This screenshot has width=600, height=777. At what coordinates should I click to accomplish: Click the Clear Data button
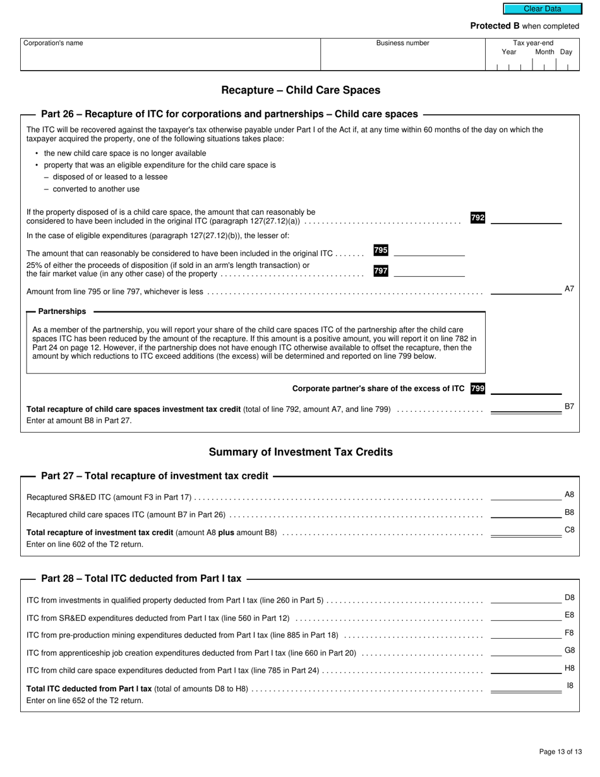542,9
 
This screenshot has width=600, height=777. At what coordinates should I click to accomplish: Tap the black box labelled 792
477,218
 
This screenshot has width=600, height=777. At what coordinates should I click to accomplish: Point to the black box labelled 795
381,250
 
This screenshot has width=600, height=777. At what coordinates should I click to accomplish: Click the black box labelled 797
381,271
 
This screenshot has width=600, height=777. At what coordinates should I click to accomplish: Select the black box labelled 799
477,388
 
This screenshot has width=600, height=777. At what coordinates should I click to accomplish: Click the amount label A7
569,289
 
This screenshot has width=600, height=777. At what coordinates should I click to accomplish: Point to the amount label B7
569,406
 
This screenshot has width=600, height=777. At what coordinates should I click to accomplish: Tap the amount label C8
569,529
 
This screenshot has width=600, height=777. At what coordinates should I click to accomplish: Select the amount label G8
569,650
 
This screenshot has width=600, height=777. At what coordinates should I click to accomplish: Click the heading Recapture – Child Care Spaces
301,90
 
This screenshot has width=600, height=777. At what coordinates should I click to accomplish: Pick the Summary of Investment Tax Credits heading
301,452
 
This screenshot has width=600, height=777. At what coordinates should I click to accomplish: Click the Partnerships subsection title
62,311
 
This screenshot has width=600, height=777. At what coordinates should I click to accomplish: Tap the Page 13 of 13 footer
560,752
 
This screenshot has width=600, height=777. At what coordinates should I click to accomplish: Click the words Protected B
495,26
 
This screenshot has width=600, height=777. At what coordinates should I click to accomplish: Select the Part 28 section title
141,578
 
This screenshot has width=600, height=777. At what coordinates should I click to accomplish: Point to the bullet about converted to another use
96,189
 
